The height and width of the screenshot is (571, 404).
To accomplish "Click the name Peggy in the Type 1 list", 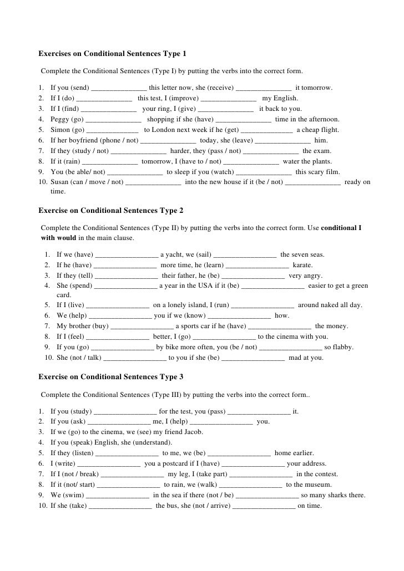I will (60, 119).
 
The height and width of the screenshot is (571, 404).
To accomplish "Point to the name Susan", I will (60, 182).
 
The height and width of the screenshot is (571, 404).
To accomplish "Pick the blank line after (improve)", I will (229, 99).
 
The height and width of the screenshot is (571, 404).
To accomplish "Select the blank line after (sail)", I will (245, 255).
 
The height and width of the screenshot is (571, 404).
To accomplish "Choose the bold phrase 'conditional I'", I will (341, 228).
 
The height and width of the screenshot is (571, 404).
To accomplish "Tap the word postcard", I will (177, 463).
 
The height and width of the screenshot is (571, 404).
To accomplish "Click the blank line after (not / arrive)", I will (264, 506).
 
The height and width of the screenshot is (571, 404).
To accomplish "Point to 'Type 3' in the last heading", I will (171, 377).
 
